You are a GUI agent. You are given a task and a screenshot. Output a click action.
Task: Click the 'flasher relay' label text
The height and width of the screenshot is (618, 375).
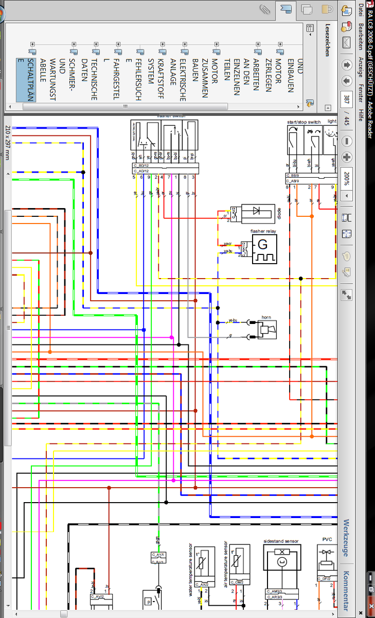[x=263, y=231]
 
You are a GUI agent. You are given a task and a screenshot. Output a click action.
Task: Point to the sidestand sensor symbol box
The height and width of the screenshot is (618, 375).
[x=281, y=565]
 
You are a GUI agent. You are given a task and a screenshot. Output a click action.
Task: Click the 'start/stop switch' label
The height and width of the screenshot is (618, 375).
[x=303, y=122]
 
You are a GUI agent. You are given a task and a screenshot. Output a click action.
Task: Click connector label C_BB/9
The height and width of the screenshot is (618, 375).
[x=294, y=176]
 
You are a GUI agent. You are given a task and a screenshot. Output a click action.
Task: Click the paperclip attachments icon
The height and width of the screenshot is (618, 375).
[x=265, y=9]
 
